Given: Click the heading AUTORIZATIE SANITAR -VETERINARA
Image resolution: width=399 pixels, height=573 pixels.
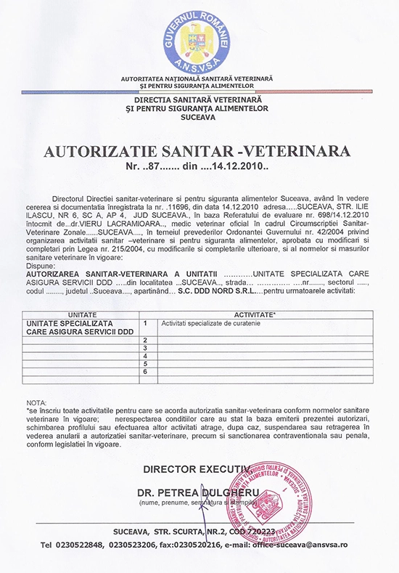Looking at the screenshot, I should [x=197, y=151].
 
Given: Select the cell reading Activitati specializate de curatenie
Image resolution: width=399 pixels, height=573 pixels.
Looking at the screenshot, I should [x=211, y=322].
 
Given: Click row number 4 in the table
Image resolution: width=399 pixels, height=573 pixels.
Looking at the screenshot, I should [x=147, y=356].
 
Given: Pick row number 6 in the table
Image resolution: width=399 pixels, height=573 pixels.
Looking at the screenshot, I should [x=147, y=372].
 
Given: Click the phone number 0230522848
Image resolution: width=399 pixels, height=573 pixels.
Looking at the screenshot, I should [x=78, y=544].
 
